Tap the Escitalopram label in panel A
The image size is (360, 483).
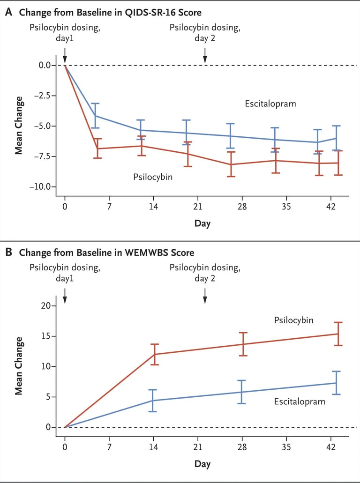tap(270, 104)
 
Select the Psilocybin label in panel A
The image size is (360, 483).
tap(153, 177)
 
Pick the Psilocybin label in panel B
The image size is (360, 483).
tap(293, 320)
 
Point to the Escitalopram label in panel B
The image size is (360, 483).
tap(299, 401)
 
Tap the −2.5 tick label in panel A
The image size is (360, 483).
tap(47, 96)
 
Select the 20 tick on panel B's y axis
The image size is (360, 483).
tap(51, 306)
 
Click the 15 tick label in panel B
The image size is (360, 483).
tap(51, 336)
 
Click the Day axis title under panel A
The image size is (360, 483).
tap(202, 223)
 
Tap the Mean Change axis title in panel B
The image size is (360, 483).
tap(19, 365)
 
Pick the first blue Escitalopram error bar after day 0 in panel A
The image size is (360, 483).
tap(95, 115)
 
